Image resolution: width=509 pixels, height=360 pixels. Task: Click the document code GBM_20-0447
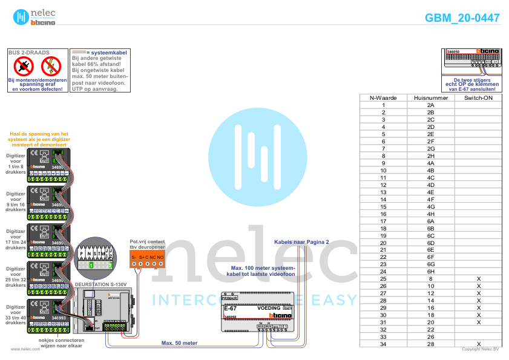[462, 18]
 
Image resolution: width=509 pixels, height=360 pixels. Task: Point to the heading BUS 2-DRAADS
[29, 53]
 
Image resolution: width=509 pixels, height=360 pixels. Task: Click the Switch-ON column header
[478, 97]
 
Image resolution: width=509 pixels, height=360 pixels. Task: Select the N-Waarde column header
[383, 97]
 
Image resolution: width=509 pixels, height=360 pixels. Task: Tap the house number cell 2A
[430, 105]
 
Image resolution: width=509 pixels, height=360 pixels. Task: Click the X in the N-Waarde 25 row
[478, 279]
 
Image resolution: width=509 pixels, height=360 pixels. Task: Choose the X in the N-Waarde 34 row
[478, 344]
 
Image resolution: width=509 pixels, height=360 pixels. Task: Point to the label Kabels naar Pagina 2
[301, 241]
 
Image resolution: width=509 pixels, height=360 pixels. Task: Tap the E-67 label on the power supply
[230, 308]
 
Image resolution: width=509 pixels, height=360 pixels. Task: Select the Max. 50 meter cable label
[179, 343]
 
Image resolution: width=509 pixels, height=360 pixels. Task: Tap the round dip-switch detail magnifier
[96, 257]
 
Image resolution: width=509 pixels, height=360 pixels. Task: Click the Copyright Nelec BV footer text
[480, 349]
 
